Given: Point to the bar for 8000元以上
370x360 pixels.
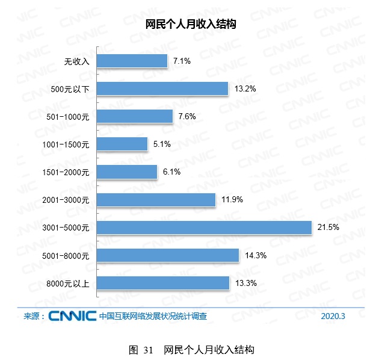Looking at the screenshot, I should (162, 283).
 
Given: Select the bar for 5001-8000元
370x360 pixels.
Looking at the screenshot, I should (167, 255).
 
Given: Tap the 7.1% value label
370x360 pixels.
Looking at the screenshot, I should (181, 61).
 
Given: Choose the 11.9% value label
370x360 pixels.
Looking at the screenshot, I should (232, 199).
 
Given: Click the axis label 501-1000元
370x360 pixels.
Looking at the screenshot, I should (67, 117).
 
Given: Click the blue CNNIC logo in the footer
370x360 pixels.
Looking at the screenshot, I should (73, 315).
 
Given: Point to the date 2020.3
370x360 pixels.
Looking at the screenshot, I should (333, 316).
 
